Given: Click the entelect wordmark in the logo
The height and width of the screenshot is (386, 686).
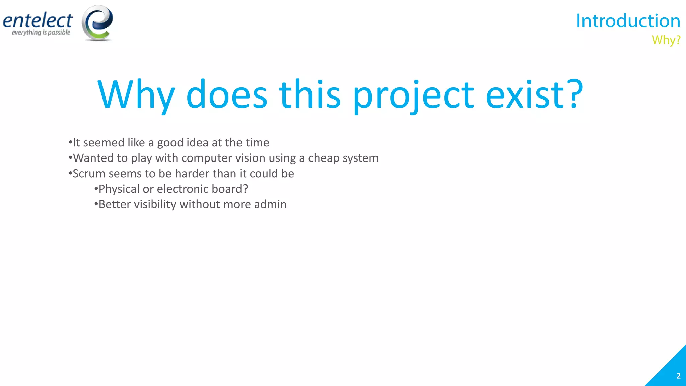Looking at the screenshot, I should coord(38,21).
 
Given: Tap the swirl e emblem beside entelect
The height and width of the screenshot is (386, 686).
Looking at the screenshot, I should coord(97,23).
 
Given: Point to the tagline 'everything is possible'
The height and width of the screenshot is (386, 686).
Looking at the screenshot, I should coord(41,33).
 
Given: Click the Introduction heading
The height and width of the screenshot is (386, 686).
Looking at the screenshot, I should coord(628,21).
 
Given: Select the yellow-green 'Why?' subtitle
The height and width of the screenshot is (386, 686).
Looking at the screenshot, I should coord(666,40).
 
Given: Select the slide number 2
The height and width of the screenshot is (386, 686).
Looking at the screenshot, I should coord(678,376).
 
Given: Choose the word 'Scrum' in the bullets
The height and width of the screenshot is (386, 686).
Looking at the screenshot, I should coord(89,174).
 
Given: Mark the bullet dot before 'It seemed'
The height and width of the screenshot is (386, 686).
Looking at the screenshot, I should coord(70,142).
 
